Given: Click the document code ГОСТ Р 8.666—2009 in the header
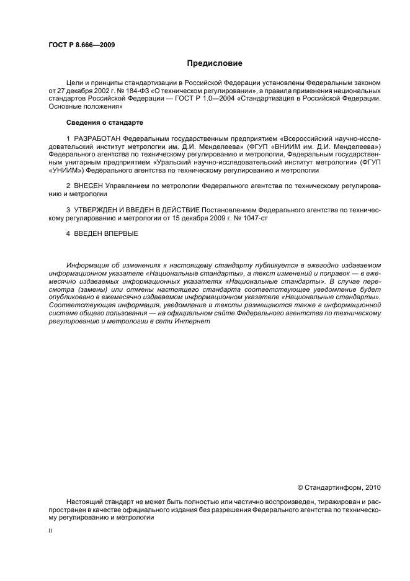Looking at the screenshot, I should point(81,45).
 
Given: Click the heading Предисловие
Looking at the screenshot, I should point(211,63).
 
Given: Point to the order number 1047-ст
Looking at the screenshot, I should point(270,218).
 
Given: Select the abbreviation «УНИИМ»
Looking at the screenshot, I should point(66,169).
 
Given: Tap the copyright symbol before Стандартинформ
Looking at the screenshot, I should point(301,487).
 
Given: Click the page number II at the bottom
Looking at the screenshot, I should point(51,532).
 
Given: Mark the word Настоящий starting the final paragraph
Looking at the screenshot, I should point(84,502).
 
